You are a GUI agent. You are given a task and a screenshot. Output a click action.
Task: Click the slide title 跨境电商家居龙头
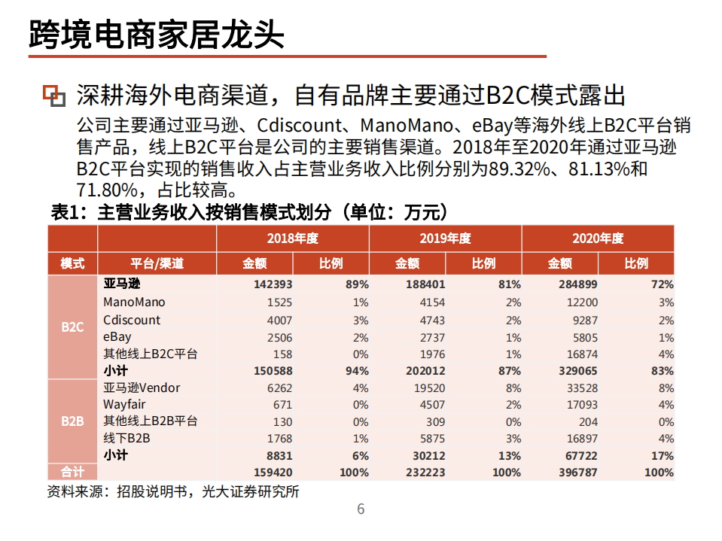[157, 34]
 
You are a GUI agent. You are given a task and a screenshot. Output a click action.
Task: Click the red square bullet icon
[53, 95]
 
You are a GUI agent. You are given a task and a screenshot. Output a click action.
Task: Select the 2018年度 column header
[292, 239]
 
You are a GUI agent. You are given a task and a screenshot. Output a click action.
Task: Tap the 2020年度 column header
[598, 239]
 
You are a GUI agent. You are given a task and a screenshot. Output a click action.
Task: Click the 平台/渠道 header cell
[157, 263]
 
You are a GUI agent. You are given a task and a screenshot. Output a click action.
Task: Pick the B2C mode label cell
[72, 328]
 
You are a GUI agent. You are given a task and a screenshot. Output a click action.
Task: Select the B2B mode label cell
[72, 421]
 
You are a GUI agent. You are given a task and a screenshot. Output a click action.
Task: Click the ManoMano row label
[134, 302]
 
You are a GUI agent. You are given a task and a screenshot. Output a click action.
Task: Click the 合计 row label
[72, 473]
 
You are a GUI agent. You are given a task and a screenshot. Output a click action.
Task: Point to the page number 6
[361, 509]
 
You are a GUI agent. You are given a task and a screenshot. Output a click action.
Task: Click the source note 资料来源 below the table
[173, 492]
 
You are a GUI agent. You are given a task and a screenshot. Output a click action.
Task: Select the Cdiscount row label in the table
[132, 320]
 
